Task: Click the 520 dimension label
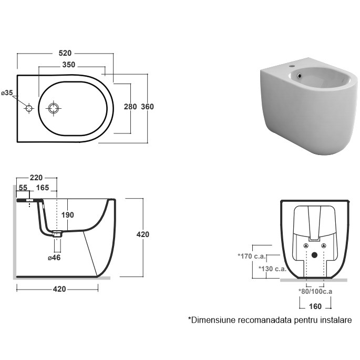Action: pyautogui.click(x=65, y=54)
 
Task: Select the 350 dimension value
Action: pyautogui.click(x=68, y=65)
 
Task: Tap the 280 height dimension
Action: pyautogui.click(x=130, y=107)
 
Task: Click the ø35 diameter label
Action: pyautogui.click(x=7, y=93)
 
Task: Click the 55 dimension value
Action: pyautogui.click(x=23, y=188)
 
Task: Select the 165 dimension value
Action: pyautogui.click(x=43, y=188)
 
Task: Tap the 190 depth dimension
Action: pyautogui.click(x=67, y=215)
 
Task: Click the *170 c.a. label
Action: pyautogui.click(x=251, y=257)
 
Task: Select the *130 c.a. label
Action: pyautogui.click(x=272, y=269)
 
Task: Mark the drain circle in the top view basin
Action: pyautogui.click(x=54, y=109)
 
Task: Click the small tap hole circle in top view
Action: pyautogui.click(x=29, y=109)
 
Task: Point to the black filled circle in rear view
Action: pyautogui.click(x=314, y=256)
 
